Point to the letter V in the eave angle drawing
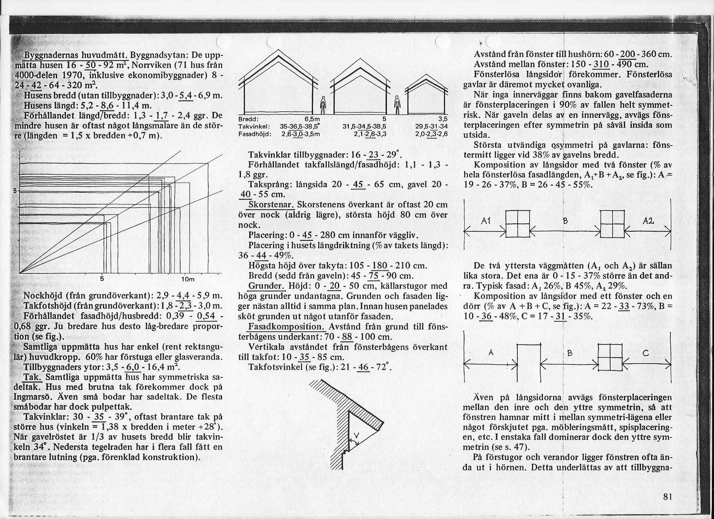[x=356, y=436]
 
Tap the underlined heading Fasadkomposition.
[x=287, y=326]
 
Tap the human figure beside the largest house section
[x=322, y=106]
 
